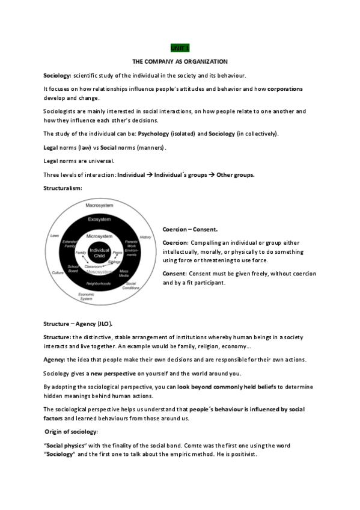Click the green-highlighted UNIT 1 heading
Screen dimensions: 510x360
pyautogui.click(x=180, y=46)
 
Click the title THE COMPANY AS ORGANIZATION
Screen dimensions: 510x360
pyautogui.click(x=180, y=61)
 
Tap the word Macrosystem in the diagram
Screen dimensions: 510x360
pyautogui.click(x=96, y=206)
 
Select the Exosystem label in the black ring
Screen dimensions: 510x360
pyautogui.click(x=96, y=220)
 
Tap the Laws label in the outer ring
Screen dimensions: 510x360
pyautogui.click(x=55, y=236)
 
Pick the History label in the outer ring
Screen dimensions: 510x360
pyautogui.click(x=145, y=237)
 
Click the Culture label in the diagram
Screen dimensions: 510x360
pyautogui.click(x=58, y=273)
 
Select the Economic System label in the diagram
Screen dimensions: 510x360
pyautogui.click(x=87, y=296)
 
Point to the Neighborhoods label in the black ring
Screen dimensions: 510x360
pyautogui.click(x=99, y=283)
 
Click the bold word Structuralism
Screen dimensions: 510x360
pyautogui.click(x=63, y=188)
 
